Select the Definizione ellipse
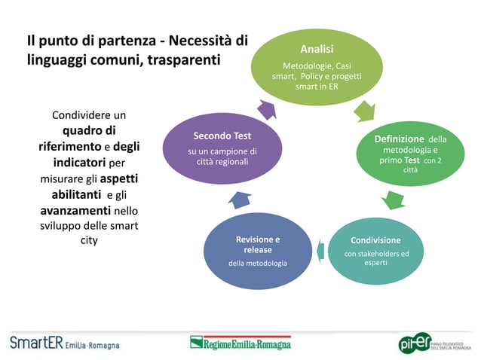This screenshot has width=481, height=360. (x=411, y=154)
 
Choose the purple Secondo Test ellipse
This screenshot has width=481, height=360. (x=222, y=148)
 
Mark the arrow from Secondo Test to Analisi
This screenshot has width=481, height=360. (x=267, y=109)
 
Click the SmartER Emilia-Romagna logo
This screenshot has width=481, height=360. (x=64, y=343)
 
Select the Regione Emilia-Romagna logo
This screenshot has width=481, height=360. (x=240, y=343)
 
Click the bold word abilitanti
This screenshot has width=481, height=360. (x=72, y=194)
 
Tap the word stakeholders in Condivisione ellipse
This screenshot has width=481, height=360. (x=383, y=254)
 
